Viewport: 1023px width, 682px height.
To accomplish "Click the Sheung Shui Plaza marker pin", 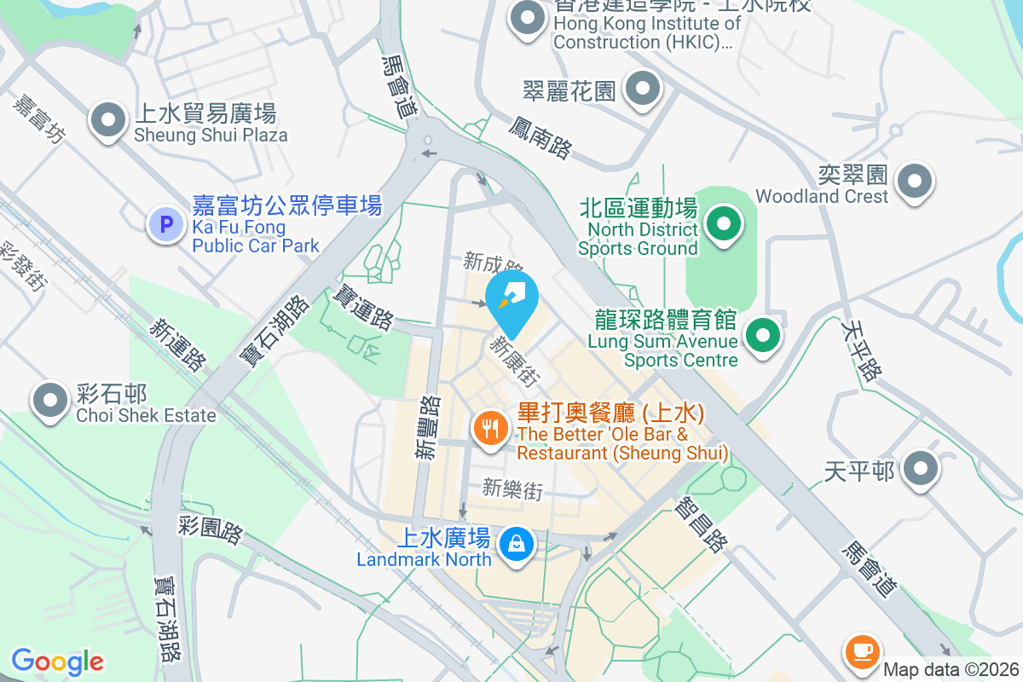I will coord(108,120).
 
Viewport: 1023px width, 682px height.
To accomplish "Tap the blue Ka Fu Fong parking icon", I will coord(166,225).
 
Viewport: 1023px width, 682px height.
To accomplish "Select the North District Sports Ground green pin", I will coord(724,224).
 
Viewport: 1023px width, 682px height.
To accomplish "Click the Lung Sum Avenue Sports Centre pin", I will coord(763,335).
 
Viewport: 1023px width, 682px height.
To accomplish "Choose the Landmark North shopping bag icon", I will coord(516,543).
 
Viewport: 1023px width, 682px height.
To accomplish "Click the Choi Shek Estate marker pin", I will coord(50,400).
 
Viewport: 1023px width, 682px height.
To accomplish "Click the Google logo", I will coord(57,662).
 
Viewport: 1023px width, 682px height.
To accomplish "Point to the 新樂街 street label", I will coord(512,489).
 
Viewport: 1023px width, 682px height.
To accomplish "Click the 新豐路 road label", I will coord(429,429).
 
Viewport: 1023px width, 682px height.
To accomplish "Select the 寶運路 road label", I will coord(363,308).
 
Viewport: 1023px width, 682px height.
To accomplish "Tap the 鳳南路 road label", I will coord(540,138).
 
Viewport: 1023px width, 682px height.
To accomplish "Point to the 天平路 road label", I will coord(861,350).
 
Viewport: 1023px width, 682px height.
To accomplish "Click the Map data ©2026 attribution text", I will coord(951,670).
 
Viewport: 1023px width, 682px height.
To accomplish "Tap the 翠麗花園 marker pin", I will coord(643,88).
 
